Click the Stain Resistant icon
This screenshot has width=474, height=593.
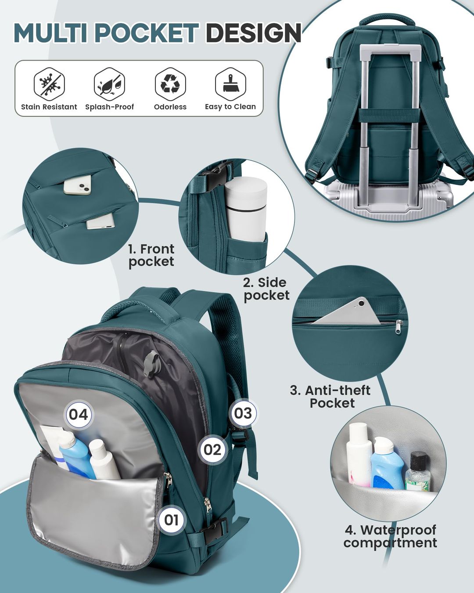(x=49, y=84)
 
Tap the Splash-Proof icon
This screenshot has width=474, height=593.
(x=109, y=84)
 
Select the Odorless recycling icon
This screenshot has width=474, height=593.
(x=170, y=84)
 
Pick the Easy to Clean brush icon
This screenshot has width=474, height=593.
(x=230, y=84)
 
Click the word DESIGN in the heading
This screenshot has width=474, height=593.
(x=253, y=33)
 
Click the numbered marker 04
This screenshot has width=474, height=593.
(x=79, y=414)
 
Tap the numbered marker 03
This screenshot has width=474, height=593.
(x=243, y=413)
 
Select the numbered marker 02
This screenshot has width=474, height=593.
(x=212, y=449)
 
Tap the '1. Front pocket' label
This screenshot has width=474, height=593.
(x=151, y=255)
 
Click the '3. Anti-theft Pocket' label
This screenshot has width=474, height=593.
(x=330, y=397)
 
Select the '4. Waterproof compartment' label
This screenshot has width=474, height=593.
(x=390, y=536)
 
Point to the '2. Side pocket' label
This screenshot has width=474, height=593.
(x=266, y=289)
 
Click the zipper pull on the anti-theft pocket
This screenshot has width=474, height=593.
(x=399, y=327)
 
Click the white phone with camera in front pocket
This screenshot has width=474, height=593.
(x=78, y=184)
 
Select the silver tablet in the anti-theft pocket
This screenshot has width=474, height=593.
(x=349, y=313)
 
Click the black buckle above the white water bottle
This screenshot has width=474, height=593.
(x=218, y=175)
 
